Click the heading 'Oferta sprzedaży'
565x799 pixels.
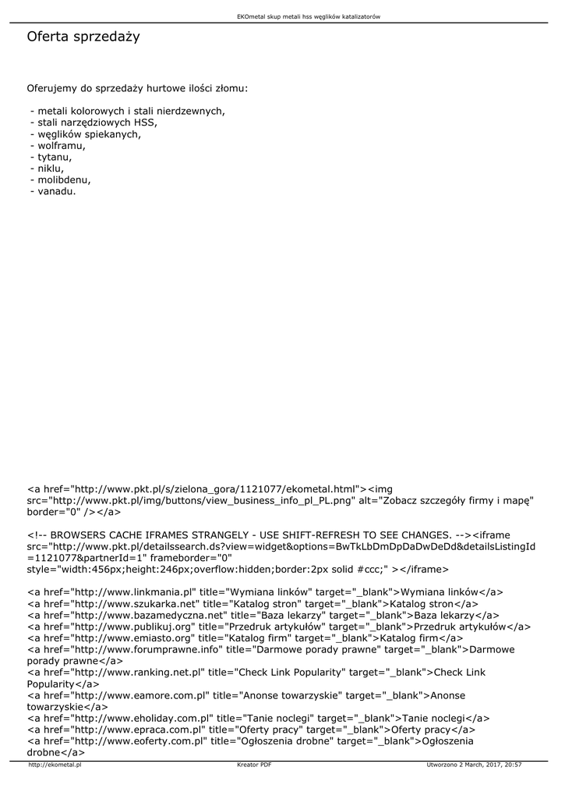point(83,37)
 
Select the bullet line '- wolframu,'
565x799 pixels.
point(58,145)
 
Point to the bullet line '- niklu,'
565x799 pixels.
point(48,168)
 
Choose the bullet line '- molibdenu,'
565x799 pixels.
point(60,179)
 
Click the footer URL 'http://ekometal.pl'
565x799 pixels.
point(55,765)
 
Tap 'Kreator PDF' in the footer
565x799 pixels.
point(254,765)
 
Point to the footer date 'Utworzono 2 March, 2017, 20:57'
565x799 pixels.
point(474,765)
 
